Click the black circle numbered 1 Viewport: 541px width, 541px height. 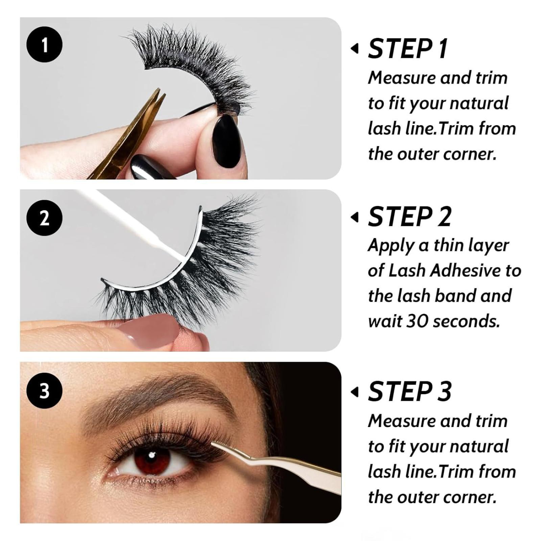(44, 45)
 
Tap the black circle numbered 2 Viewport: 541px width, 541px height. (44, 218)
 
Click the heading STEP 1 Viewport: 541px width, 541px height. (408, 49)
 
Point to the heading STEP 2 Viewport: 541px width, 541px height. (409, 217)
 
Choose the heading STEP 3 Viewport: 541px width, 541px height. (409, 391)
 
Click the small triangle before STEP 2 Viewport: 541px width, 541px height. (354, 217)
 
